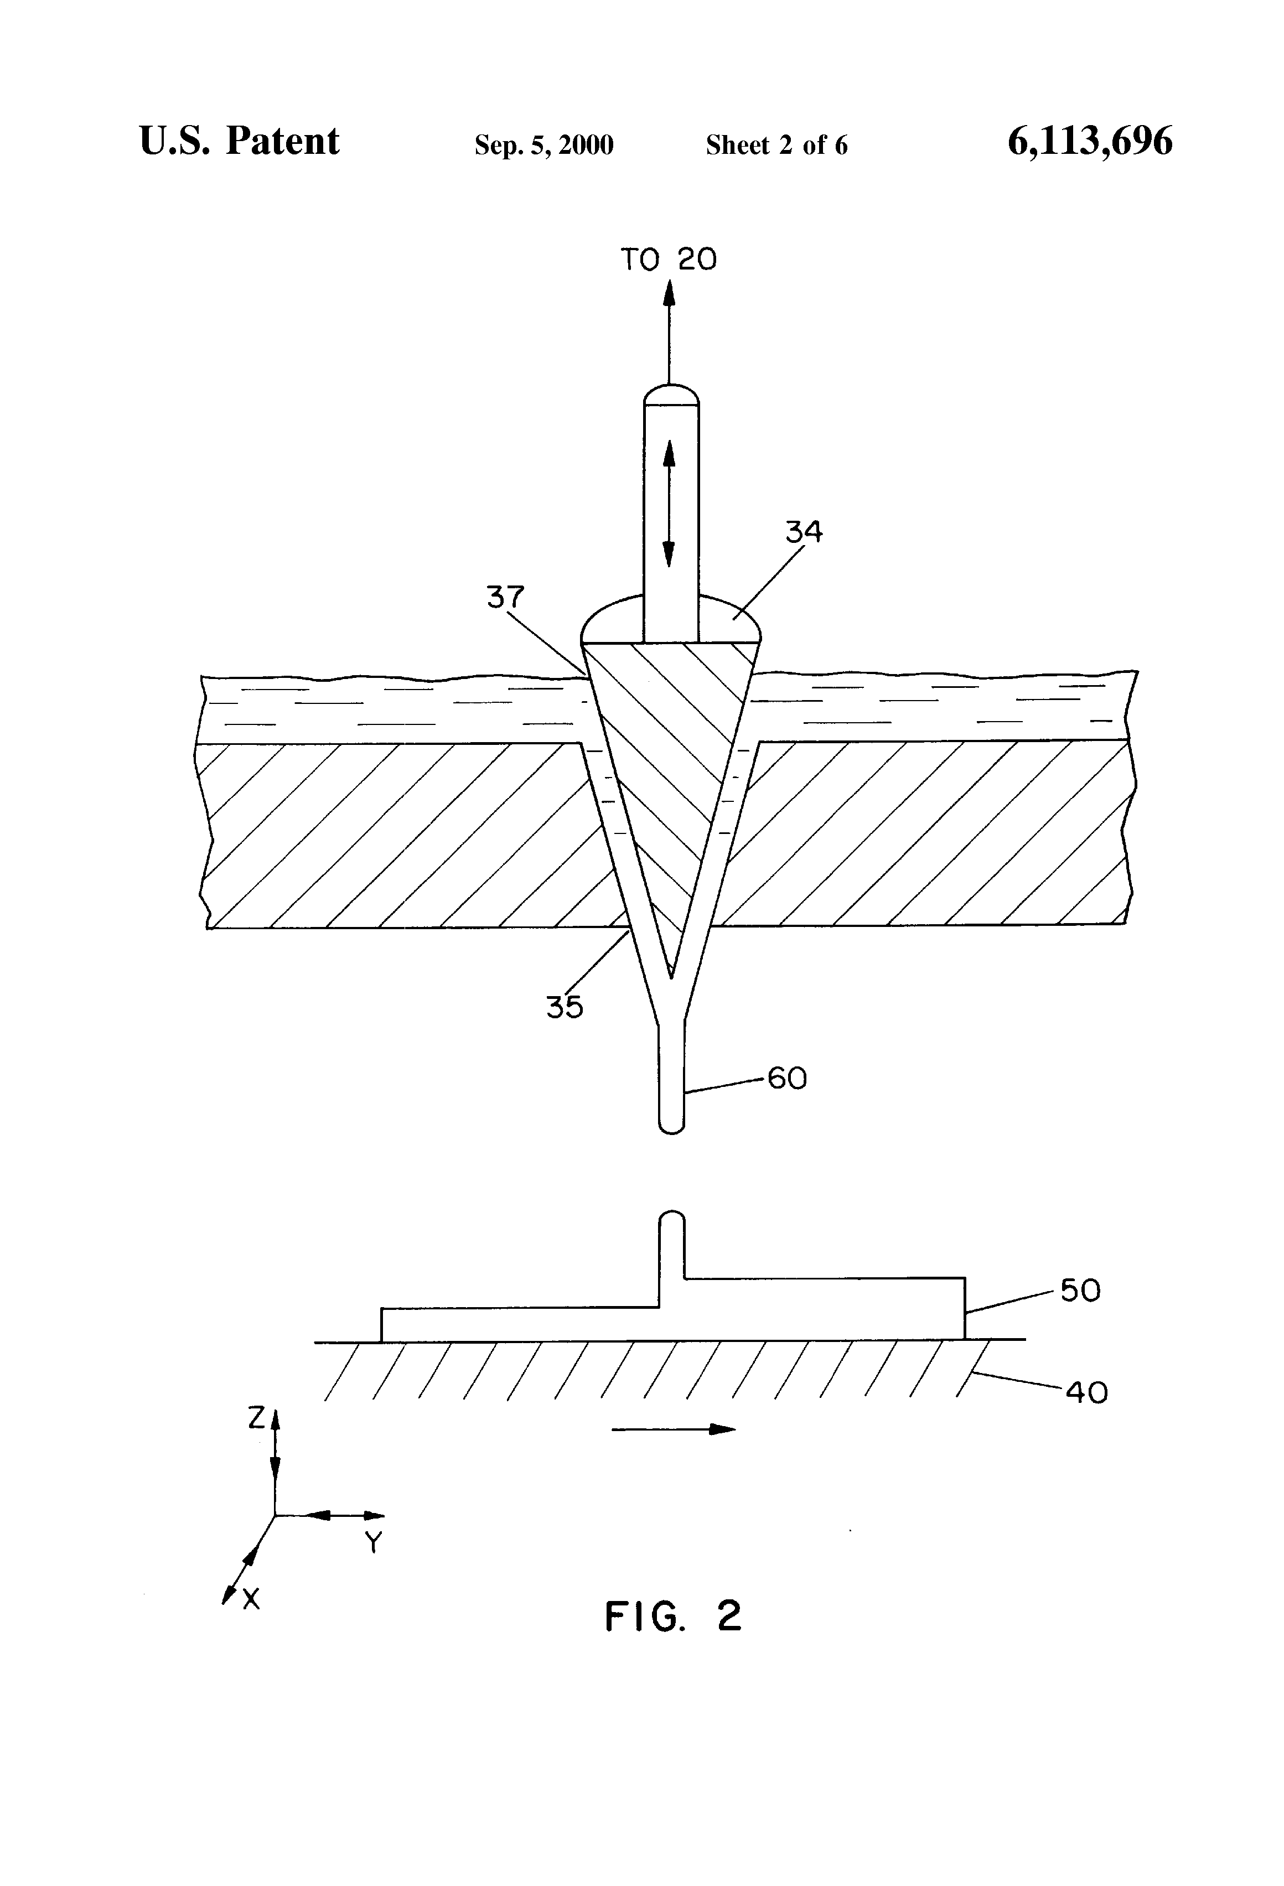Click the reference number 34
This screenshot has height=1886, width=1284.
804,532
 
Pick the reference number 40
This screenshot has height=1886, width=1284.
1086,1392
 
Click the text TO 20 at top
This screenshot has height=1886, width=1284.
669,260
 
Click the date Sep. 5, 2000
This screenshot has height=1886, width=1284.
544,145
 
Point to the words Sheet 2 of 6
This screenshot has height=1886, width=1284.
776,145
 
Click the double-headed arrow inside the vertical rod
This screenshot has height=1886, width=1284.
669,503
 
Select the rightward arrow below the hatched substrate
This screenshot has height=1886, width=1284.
674,1429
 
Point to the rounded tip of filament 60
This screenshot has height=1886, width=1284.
671,1126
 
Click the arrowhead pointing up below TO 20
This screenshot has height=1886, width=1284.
669,292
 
